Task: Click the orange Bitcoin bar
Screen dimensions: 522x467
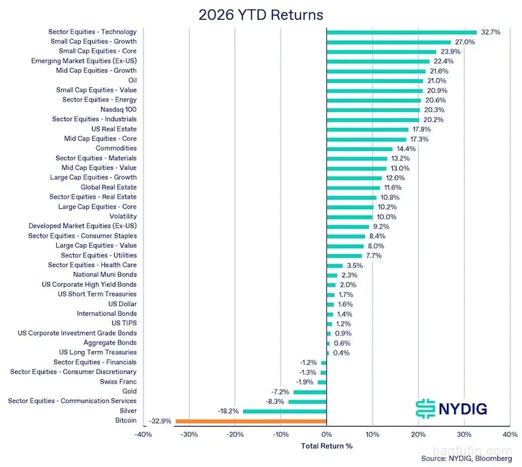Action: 251,421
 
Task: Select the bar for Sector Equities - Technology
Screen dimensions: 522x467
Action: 401,33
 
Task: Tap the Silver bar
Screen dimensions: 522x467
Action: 284,412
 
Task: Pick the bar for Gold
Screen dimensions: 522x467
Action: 310,392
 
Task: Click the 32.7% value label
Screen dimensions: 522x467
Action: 491,33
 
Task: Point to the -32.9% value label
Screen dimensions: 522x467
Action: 160,421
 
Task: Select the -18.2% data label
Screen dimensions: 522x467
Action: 228,411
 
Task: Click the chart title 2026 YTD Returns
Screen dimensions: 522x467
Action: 260,15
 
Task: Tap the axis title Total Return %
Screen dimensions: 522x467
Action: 327,446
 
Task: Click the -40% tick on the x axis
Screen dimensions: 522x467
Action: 143,434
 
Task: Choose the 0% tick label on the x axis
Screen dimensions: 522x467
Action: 327,434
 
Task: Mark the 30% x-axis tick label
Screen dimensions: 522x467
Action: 464,434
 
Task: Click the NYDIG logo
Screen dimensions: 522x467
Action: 452,409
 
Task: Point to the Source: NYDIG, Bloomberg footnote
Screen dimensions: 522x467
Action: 467,459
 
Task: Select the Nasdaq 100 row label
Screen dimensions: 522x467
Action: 119,109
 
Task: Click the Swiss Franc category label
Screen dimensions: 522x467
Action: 118,382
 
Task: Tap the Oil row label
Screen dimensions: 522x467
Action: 132,80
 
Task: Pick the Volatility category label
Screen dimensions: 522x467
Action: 123,216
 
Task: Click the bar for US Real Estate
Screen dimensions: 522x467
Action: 367,130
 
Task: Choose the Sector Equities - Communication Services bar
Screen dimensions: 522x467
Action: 307,402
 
